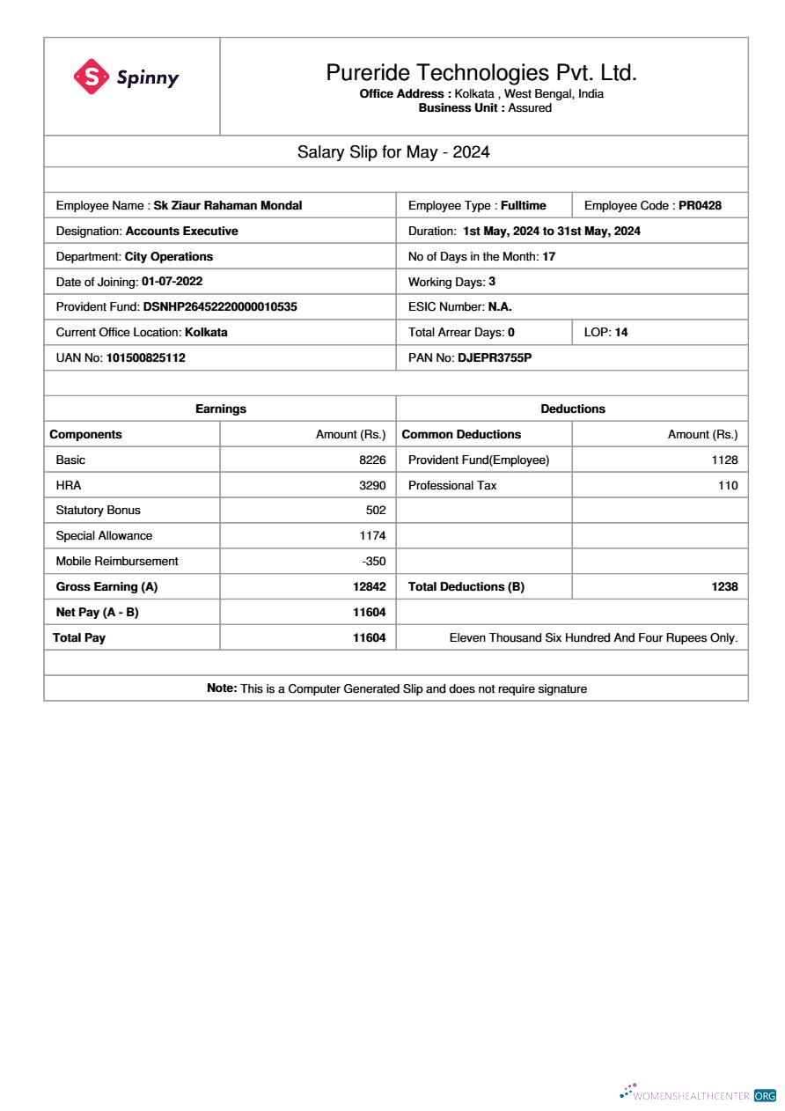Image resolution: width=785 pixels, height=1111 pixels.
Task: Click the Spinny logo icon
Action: pos(91,77)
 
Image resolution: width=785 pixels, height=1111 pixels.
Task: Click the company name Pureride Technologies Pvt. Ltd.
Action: pos(481,72)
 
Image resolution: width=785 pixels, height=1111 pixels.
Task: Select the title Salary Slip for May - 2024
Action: pos(393,152)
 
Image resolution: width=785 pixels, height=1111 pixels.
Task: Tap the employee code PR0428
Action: pos(700,206)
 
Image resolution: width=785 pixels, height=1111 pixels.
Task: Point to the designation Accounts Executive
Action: pos(181,232)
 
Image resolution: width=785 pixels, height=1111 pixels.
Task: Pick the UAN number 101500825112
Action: pos(145,358)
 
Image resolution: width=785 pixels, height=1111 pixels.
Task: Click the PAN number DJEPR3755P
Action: pos(495,358)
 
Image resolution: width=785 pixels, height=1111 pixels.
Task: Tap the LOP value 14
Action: pos(621,333)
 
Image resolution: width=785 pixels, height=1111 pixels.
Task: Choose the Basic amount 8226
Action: pos(372,460)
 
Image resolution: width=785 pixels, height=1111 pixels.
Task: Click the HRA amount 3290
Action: pos(372,485)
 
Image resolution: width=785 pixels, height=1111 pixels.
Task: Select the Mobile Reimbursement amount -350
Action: pos(374,562)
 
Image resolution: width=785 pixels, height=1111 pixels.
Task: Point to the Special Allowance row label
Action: pos(104,536)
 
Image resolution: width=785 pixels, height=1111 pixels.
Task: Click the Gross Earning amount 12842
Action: pos(369,587)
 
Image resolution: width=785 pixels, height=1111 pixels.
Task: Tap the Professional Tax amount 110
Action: pos(728,486)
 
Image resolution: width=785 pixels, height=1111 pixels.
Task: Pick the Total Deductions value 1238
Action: pos(724,587)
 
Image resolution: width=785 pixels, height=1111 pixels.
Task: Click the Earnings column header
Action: pos(220,409)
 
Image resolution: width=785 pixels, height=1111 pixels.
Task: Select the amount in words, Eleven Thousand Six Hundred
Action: pos(593,638)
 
